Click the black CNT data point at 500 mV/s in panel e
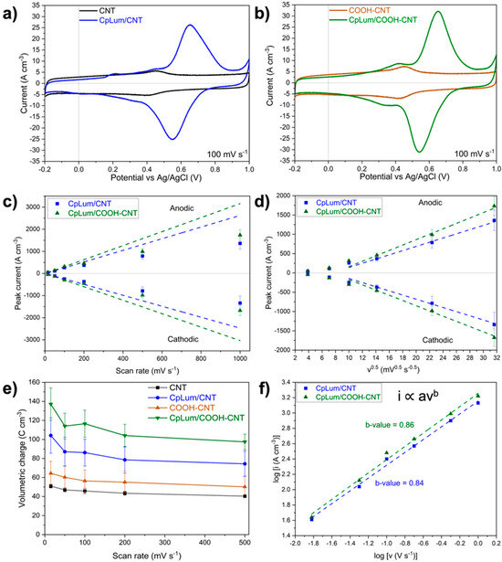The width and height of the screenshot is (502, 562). pyautogui.click(x=241, y=496)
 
